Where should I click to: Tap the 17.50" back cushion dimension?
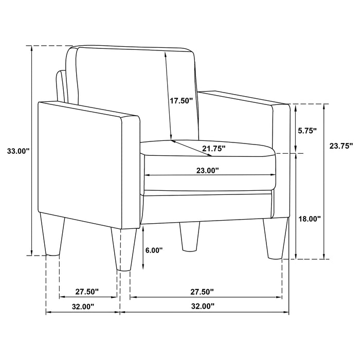(x=181, y=101)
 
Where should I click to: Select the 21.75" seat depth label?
(x=213, y=149)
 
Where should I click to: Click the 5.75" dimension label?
(x=308, y=131)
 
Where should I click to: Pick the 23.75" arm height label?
(x=339, y=146)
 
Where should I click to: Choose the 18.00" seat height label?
(x=310, y=219)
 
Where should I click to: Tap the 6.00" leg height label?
(x=154, y=250)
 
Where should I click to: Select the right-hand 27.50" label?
(x=201, y=292)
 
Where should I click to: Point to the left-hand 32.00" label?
(x=82, y=307)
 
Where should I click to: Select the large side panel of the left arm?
(x=80, y=165)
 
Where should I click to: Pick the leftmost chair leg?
(x=51, y=237)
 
